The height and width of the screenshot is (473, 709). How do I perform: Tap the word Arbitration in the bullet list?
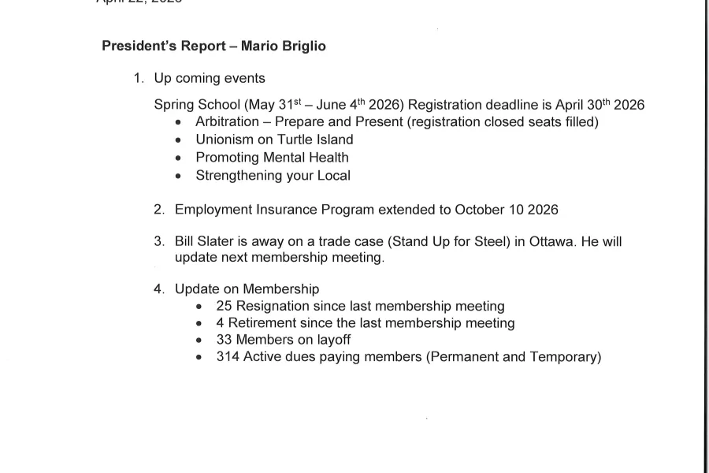[227, 122]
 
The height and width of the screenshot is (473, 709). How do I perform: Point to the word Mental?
[289, 157]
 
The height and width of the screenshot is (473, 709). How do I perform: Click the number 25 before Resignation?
[225, 306]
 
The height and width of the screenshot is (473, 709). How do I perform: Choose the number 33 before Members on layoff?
[225, 340]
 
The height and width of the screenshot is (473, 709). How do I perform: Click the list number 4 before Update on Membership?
[158, 289]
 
